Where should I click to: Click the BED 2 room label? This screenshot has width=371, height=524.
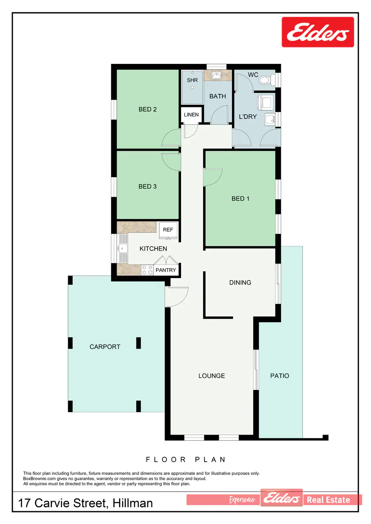point(147,109)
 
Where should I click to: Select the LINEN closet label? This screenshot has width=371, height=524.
point(191,115)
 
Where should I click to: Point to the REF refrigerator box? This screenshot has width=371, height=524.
point(168,230)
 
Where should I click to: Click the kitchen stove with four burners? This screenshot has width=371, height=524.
point(147,270)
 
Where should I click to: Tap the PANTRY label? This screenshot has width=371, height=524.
point(165,270)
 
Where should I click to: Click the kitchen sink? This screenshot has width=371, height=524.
point(123,248)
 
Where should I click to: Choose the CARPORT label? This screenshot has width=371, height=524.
point(105,347)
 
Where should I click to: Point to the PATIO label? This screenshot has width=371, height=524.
point(279,376)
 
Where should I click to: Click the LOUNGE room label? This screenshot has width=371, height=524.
point(211,376)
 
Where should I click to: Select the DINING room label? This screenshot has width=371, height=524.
point(240,283)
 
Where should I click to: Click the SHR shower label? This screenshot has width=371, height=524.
point(192,80)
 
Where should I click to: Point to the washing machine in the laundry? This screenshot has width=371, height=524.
point(266,102)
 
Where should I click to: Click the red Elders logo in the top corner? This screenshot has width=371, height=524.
point(318,32)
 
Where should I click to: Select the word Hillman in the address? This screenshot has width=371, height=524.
point(133,503)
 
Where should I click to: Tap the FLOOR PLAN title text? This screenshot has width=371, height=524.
point(185,460)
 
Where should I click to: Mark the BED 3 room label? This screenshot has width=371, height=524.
point(147,187)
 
